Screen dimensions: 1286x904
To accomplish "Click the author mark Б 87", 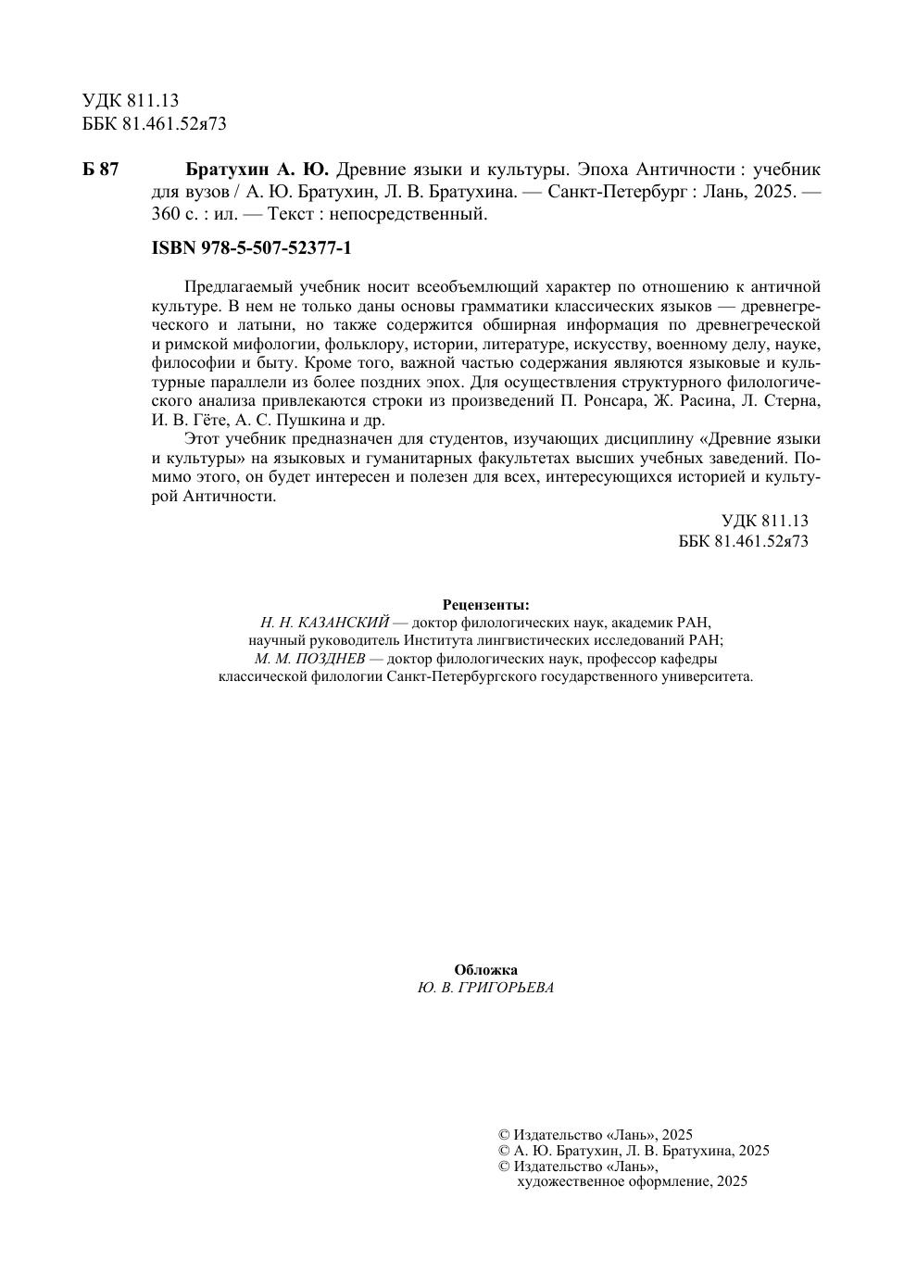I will coord(101,170).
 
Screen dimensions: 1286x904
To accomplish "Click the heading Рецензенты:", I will coord(486,605).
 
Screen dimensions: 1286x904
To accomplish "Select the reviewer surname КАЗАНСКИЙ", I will coord(345,623).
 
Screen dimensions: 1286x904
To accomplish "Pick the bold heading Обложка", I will coord(485,970).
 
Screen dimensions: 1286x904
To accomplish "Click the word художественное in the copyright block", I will coord(570,1181).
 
